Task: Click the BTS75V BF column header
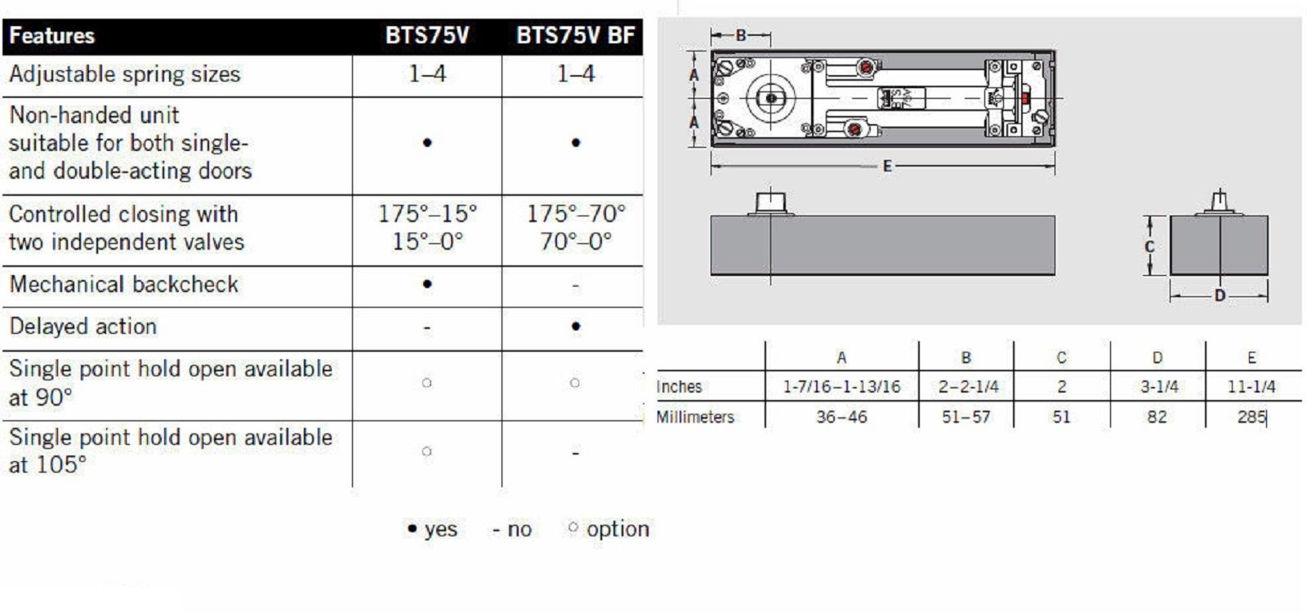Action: [x=575, y=36]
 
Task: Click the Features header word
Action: [x=52, y=36]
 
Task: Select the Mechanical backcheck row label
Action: [x=123, y=285]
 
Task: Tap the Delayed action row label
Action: [x=83, y=326]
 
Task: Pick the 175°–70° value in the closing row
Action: [x=576, y=214]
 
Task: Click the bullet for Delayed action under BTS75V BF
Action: [x=576, y=326]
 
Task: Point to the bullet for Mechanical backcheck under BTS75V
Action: [x=427, y=284]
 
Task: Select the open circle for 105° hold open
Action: [x=426, y=451]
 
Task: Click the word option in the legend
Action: [x=618, y=530]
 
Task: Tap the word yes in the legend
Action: [x=440, y=530]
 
